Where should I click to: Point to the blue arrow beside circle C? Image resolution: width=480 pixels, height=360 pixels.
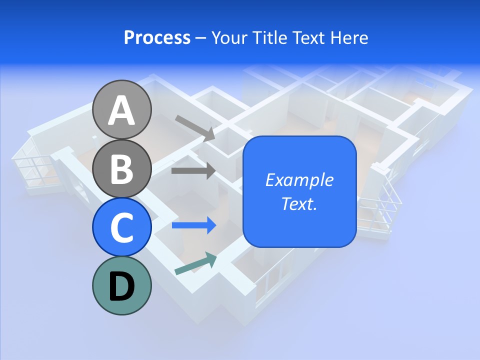[194, 225]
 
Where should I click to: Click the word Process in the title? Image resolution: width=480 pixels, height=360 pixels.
[157, 38]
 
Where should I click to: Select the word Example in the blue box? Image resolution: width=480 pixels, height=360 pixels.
[299, 180]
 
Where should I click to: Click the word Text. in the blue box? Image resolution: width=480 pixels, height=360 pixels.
[299, 204]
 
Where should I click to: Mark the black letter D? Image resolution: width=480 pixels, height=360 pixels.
[121, 286]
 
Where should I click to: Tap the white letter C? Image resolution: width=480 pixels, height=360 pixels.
[121, 227]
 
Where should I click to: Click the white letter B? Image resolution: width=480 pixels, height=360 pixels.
[121, 168]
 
